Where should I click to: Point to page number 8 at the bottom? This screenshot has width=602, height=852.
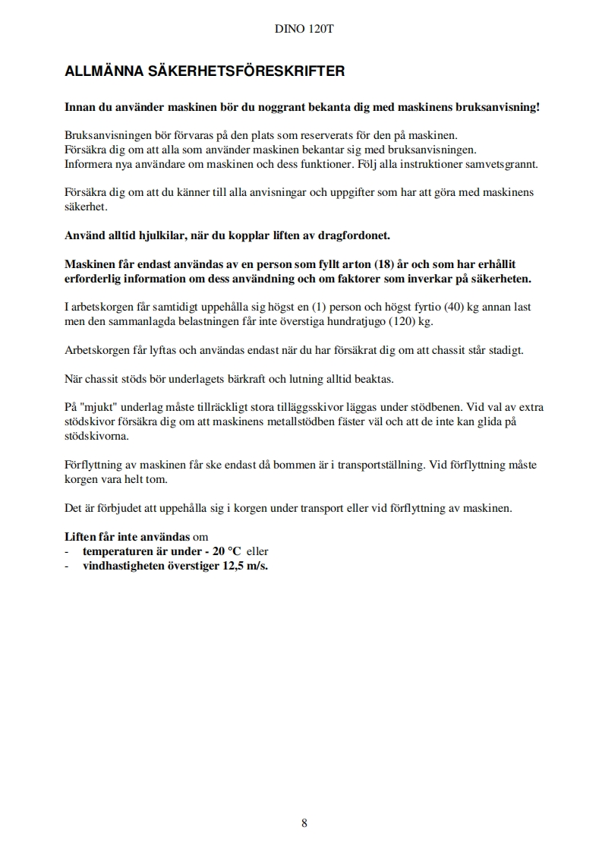pyautogui.click(x=304, y=822)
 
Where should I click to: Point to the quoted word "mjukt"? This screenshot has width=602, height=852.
pyautogui.click(x=100, y=407)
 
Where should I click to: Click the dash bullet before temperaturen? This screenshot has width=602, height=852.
pyautogui.click(x=68, y=551)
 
